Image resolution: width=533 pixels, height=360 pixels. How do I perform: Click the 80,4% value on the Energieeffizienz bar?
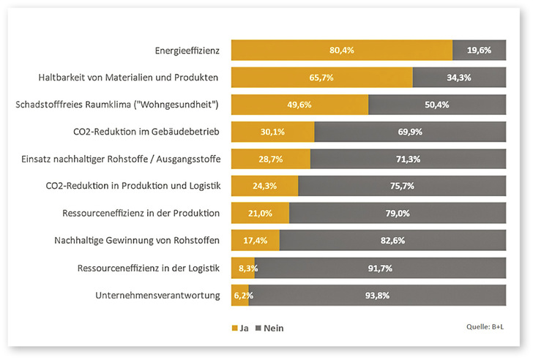342,50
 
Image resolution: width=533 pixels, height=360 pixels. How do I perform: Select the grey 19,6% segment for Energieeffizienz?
479,50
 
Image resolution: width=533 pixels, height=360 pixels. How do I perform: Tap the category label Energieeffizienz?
187,50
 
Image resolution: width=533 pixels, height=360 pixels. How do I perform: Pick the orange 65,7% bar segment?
322,78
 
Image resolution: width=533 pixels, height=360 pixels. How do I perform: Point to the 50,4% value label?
437,105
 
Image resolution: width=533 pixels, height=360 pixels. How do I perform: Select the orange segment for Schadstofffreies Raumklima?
299,105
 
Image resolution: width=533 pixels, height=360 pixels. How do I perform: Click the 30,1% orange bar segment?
272,132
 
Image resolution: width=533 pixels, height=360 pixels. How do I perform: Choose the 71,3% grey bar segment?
408,159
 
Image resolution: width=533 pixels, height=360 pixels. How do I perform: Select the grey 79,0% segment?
398,213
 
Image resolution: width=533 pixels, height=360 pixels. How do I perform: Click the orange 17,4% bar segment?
255,240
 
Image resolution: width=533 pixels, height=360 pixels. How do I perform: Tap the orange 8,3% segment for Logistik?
242,268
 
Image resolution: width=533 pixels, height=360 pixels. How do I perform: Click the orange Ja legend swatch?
235,329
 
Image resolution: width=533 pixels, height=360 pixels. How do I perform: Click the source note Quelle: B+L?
485,328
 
